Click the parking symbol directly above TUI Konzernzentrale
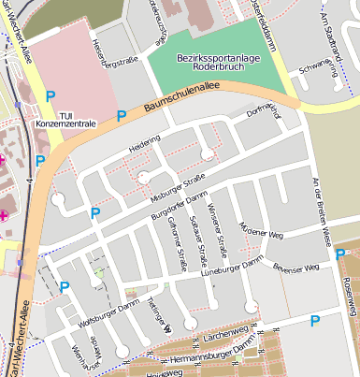(51, 95)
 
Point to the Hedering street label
(144, 146)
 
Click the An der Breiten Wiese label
(323, 211)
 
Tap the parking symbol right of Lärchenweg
(314, 321)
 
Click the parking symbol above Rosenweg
(340, 253)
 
